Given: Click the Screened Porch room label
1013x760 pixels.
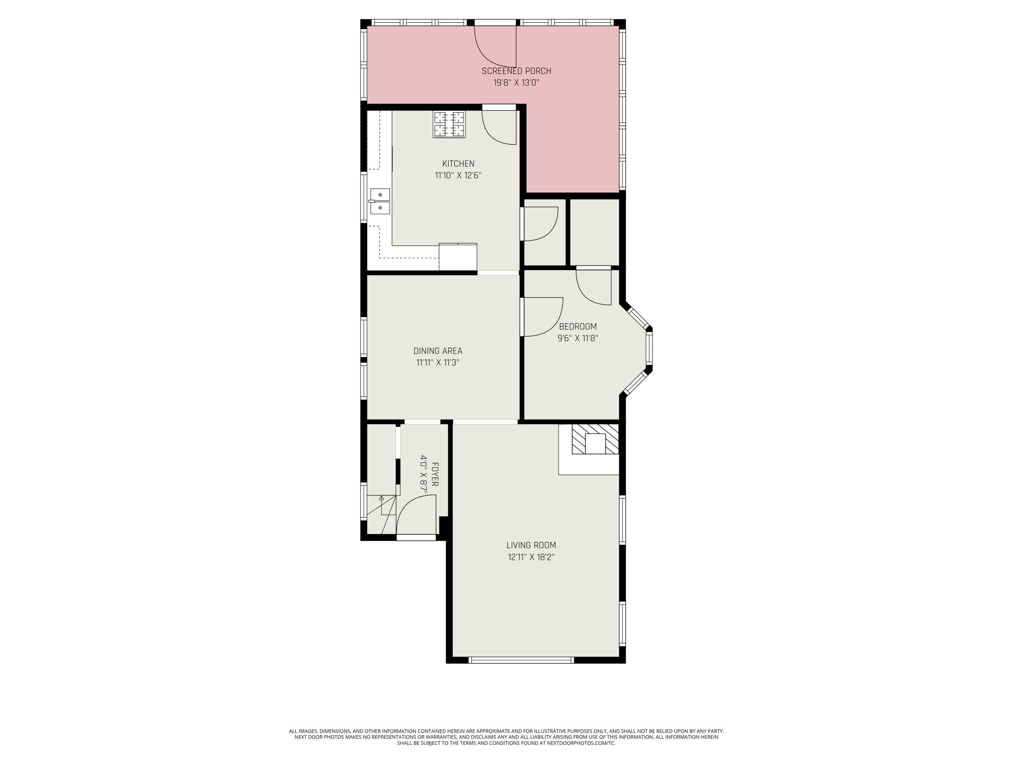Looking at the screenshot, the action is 516,71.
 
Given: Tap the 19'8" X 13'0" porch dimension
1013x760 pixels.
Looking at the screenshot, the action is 516,83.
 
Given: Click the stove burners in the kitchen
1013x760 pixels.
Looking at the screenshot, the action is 449,124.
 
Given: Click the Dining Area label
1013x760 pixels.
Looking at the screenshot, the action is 438,351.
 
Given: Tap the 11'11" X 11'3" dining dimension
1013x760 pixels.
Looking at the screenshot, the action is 438,363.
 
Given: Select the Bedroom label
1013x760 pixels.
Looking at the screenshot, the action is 578,327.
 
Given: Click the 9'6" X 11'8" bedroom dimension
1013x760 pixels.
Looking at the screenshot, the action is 578,338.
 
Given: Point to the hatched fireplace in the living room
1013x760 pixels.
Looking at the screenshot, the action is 595,439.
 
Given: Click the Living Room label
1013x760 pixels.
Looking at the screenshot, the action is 531,545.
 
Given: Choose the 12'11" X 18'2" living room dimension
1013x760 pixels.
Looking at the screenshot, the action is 531,557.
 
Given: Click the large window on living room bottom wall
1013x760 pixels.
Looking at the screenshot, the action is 521,660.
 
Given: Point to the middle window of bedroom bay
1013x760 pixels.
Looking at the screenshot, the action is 649,349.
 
